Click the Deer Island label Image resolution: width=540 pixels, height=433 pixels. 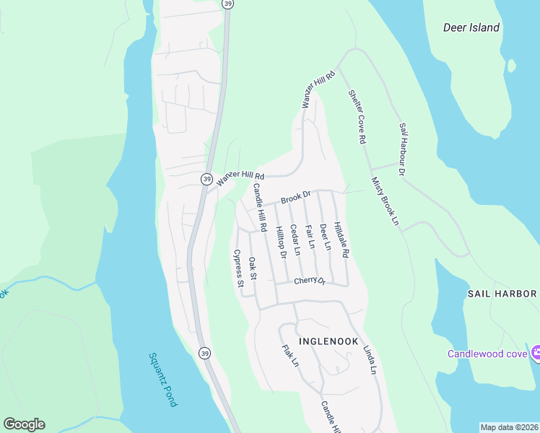click(x=471, y=27)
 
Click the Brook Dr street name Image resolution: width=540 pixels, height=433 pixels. click(x=295, y=196)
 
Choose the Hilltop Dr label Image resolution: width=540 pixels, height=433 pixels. click(x=282, y=242)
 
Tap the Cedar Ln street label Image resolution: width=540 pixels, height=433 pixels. click(x=295, y=239)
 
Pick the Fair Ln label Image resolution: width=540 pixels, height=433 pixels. click(x=310, y=237)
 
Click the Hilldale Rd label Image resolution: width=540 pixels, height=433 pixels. click(x=341, y=240)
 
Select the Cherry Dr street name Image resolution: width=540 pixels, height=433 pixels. click(x=310, y=281)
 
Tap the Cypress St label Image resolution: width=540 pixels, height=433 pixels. click(x=238, y=268)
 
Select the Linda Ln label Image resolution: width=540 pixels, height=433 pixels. click(x=370, y=359)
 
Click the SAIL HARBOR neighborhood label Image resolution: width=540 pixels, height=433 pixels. click(x=502, y=294)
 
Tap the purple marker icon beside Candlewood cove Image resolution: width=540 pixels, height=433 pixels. click(x=536, y=354)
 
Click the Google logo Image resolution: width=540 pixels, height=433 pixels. click(x=24, y=424)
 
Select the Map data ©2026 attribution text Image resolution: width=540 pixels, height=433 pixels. click(x=510, y=427)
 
